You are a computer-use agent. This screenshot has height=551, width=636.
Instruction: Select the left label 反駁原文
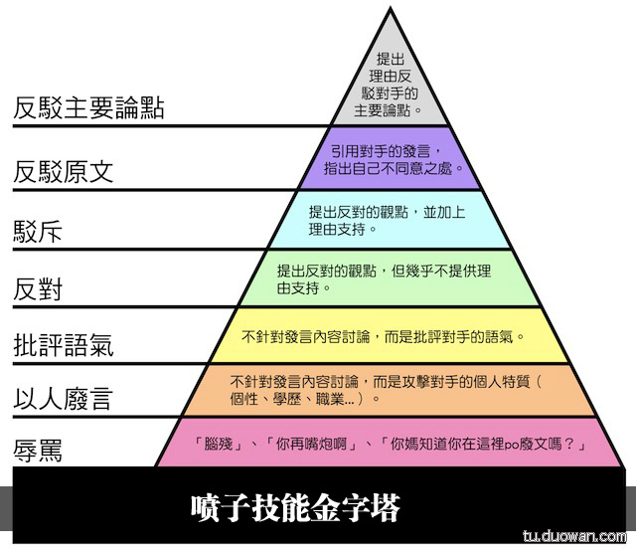(64, 171)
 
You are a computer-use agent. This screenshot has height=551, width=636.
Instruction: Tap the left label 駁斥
(39, 231)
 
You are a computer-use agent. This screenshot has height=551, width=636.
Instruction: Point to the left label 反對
(39, 289)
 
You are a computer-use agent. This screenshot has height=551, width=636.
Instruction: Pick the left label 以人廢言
(64, 400)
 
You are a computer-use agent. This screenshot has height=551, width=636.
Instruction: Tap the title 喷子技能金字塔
(295, 509)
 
